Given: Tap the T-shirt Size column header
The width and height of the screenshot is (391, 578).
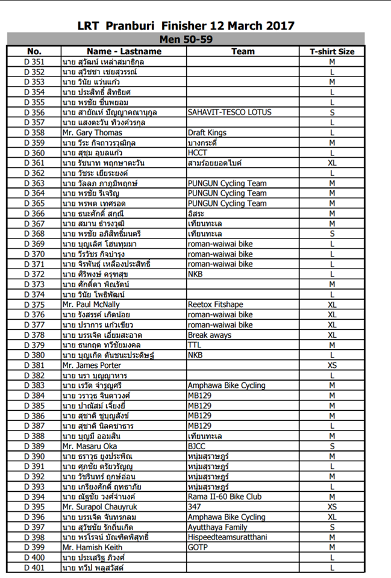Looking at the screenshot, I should tap(332, 52).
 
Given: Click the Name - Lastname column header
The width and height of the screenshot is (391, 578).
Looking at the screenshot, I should tap(124, 52).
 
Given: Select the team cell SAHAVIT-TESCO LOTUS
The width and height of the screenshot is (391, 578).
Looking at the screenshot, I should tap(230, 112).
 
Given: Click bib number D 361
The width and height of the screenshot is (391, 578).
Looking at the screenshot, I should tap(34, 163).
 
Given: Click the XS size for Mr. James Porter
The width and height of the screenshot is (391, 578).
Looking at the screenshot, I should tap(332, 365).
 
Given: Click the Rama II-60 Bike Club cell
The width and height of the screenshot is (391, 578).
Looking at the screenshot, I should tap(224, 497).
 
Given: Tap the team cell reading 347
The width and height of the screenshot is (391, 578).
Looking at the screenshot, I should tap(195, 507).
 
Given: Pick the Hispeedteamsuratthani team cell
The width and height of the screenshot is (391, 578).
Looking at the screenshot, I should tap(227, 537).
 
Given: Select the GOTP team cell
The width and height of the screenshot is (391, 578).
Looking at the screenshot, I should tap(198, 547).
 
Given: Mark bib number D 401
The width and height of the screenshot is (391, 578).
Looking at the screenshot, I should tap(34, 568).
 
